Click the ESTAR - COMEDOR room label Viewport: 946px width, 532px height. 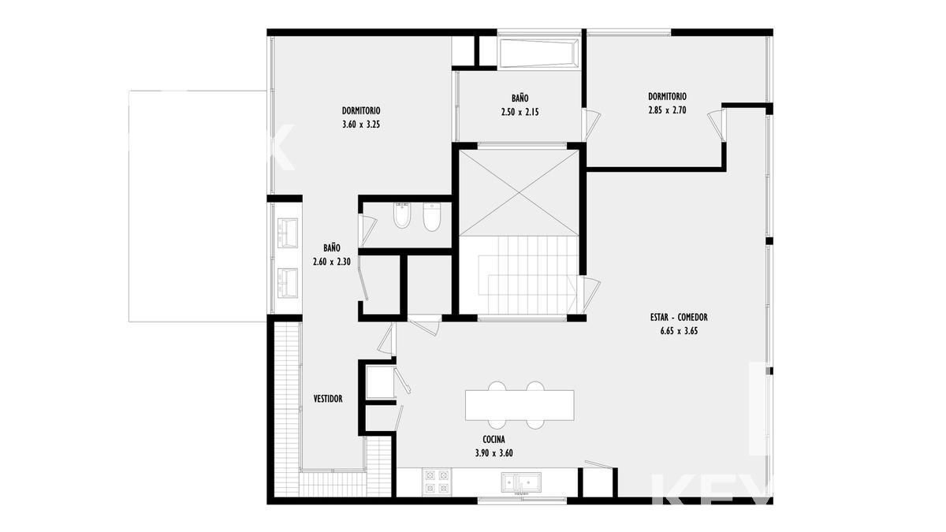[679, 317]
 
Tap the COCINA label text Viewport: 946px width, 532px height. [493, 440]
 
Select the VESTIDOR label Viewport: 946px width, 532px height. [328, 399]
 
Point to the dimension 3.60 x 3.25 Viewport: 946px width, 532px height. [361, 125]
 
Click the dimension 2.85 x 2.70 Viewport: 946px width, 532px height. [667, 110]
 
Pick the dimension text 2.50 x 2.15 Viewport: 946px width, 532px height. [520, 112]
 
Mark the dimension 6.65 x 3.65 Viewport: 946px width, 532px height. [679, 331]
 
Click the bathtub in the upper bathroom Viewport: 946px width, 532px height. [538, 54]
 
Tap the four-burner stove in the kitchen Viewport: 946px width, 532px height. [437, 482]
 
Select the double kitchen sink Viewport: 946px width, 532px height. [521, 482]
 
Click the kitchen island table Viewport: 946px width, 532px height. [520, 405]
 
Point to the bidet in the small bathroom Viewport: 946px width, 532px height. [401, 215]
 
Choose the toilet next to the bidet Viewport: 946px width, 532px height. [432, 217]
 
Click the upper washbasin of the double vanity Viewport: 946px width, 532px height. [288, 233]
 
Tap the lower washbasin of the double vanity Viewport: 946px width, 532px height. [288, 282]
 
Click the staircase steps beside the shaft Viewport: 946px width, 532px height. [528, 275]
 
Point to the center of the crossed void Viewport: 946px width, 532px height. [519, 193]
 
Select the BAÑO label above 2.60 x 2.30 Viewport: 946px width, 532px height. [332, 247]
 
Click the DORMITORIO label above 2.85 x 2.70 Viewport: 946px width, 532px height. [667, 97]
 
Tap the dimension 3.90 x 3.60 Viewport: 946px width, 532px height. [493, 453]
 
